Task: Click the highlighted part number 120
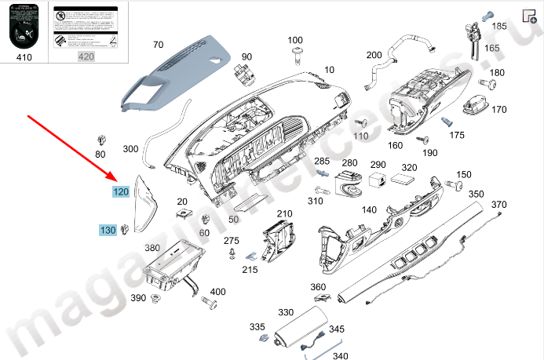[x=121, y=191]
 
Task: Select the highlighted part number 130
[x=107, y=230]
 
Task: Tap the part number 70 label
[x=158, y=45]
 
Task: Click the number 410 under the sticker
[x=24, y=56]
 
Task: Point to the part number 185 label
[x=499, y=26]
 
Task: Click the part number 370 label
[x=499, y=205]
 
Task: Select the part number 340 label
[x=340, y=355]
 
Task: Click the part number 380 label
[x=152, y=248]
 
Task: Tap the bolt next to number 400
[x=210, y=301]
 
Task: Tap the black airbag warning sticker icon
[x=24, y=28]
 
